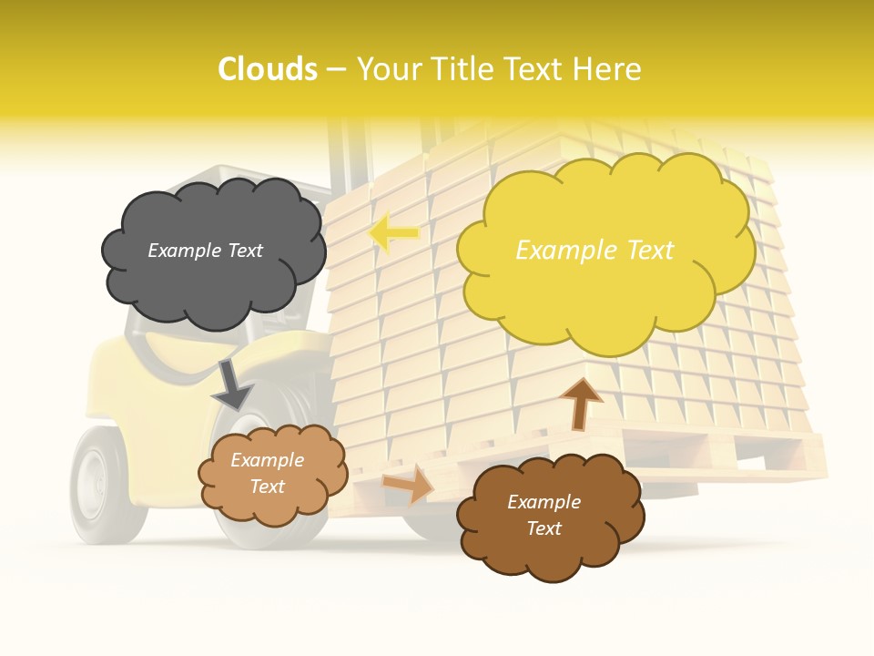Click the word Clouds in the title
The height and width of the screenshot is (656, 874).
click(268, 69)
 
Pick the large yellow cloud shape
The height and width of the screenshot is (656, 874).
click(605, 301)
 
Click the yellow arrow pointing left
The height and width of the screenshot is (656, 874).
click(393, 233)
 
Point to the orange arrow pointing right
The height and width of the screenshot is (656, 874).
click(409, 483)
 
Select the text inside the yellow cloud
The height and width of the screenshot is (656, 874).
click(595, 251)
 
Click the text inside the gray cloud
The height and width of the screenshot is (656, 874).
click(205, 251)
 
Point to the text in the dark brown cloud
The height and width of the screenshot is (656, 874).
click(544, 516)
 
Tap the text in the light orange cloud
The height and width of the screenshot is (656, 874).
click(267, 474)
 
